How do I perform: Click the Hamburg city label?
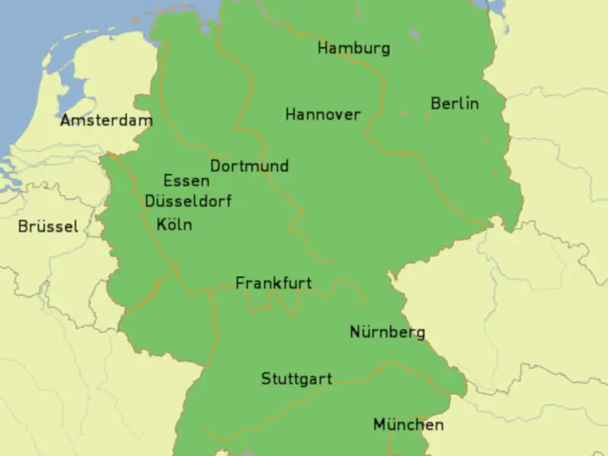pos(354,49)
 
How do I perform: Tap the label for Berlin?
pos(454,104)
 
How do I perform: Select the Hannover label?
pos(323,115)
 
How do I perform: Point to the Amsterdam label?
pos(106,120)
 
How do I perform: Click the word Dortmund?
pos(249,166)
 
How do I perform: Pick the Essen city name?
pos(186,181)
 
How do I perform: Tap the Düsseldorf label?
pos(188,202)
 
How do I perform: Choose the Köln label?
pos(174,225)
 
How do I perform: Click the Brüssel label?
pos(48,227)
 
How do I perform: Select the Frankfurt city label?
pos(273,283)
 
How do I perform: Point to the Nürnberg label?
pos(387,333)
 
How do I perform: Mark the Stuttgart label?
pos(296,379)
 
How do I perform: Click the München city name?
pos(408,425)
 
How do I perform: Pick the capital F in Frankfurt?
pos(240,283)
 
